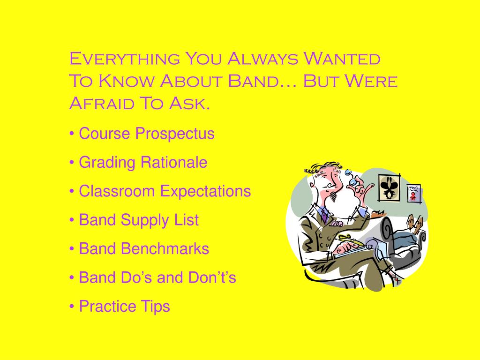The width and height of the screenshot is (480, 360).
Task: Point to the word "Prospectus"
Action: coord(175,134)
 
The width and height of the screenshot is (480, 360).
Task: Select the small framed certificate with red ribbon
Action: coord(413,192)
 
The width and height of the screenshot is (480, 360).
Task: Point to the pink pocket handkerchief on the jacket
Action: coord(336,225)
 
